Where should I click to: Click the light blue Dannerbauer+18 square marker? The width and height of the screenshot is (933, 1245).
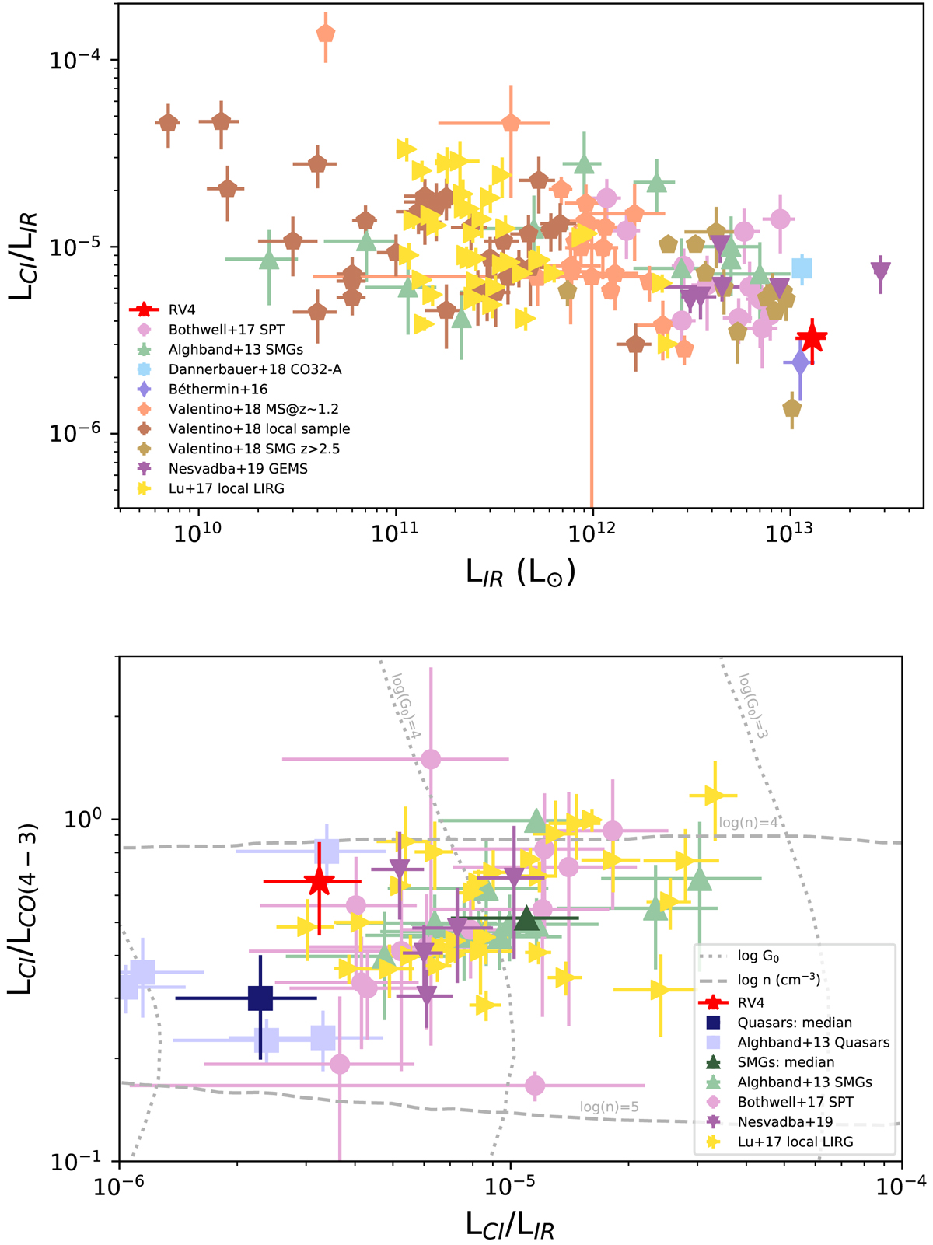[802, 268]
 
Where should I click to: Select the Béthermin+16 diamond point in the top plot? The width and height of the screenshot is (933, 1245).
[800, 362]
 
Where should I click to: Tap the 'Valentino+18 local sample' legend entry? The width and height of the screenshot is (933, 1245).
[259, 429]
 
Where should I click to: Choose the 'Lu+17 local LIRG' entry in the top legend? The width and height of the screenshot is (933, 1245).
[226, 489]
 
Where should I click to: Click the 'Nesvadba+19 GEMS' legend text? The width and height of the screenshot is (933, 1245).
[238, 469]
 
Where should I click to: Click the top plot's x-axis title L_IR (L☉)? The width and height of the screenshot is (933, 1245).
[520, 573]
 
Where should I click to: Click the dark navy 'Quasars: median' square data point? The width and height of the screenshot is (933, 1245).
[260, 998]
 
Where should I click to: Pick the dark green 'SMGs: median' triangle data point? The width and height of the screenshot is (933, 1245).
[527, 918]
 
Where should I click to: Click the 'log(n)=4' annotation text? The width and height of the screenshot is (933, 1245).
[748, 823]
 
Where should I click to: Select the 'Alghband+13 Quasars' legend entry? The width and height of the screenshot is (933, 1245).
[813, 1043]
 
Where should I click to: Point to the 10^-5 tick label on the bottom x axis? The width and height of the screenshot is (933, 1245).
[509, 1184]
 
